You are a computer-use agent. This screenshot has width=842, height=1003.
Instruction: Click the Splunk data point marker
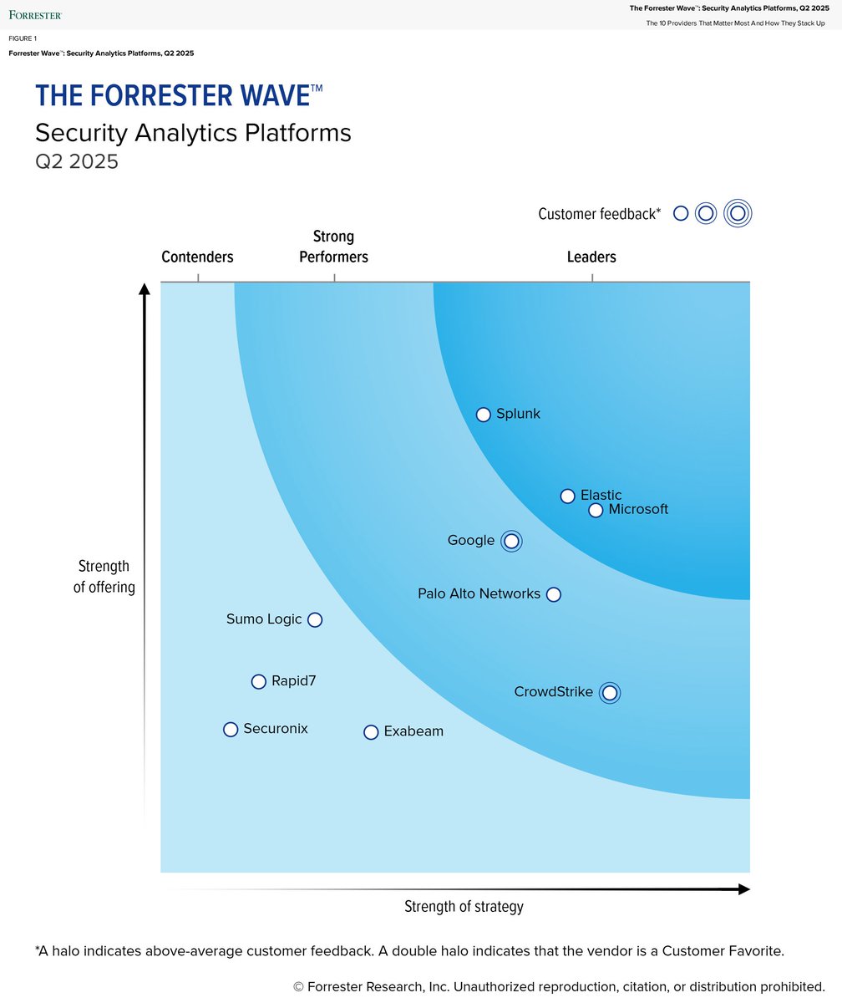coord(483,415)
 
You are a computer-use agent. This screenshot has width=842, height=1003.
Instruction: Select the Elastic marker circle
coord(567,496)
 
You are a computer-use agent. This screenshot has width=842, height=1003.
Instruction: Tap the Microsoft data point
coord(596,510)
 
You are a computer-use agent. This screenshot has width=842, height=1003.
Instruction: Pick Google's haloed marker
coord(511,541)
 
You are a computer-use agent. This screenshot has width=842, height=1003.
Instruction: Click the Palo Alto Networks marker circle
coord(553,594)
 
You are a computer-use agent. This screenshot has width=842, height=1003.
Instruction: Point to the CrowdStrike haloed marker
coord(610,692)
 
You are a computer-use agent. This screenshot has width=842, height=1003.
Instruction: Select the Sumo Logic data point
coord(315,619)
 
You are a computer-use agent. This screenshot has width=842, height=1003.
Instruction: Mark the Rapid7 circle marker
coord(259,681)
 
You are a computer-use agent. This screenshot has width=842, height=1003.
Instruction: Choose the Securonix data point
coord(231,730)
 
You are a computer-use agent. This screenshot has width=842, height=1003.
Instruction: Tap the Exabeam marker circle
coord(371,732)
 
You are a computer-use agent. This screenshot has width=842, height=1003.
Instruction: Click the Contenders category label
coord(197,257)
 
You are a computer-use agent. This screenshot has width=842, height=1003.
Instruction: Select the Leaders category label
coord(591,257)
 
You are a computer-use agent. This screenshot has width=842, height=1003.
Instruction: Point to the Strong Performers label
coord(333,247)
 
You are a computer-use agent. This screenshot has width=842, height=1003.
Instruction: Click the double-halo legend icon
coord(738,213)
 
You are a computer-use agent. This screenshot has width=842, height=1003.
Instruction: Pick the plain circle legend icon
coord(681,213)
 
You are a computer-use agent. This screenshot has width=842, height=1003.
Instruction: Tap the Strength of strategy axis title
coord(464,906)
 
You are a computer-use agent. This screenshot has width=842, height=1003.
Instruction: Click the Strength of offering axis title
coord(104,577)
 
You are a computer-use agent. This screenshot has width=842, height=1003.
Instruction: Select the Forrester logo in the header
coord(35,15)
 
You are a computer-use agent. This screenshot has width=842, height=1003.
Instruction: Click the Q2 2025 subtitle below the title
coord(77,161)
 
